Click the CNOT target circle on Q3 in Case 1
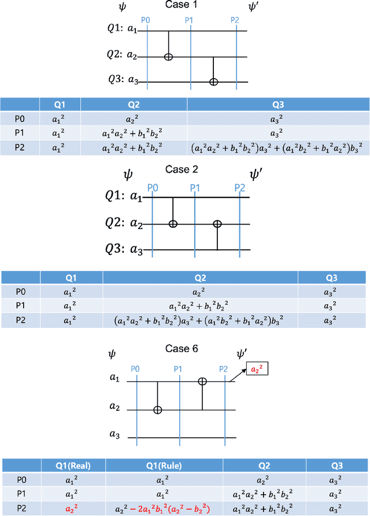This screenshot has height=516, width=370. point(213,82)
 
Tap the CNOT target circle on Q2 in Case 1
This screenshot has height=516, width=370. point(168,57)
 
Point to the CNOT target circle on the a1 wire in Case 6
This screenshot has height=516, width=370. point(202,381)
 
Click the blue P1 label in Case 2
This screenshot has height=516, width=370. point(195,188)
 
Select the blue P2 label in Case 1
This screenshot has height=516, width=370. point(235,20)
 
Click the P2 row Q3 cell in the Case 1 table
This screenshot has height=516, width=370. point(277,148)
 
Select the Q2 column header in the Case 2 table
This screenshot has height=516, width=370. point(200,278)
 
